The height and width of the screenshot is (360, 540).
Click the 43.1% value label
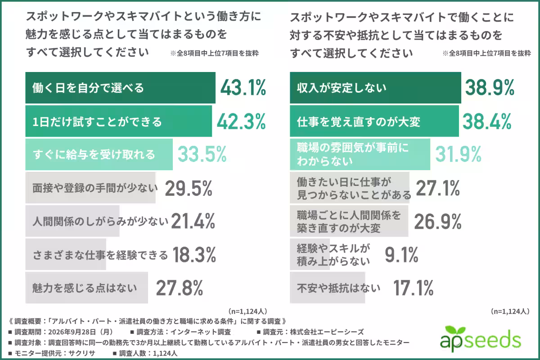click(x=243, y=88)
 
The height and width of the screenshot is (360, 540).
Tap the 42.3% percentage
click(x=241, y=121)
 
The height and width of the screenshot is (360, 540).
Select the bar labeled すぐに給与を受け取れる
click(x=99, y=154)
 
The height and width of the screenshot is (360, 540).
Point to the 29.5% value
click(x=189, y=188)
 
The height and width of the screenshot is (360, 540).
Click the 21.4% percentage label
click(x=193, y=221)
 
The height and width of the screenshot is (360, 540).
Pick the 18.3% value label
click(x=194, y=255)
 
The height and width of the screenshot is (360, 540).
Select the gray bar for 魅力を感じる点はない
click(x=86, y=288)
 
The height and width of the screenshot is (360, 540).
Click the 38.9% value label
click(x=490, y=88)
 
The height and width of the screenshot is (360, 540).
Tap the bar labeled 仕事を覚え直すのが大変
click(x=374, y=121)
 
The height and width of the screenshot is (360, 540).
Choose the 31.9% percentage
click(x=458, y=154)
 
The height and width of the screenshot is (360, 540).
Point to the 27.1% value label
click(x=438, y=188)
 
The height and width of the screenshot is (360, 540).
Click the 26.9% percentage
click(x=438, y=221)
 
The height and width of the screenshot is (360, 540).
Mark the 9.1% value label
click(x=401, y=255)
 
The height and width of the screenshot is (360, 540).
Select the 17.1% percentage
click(x=414, y=288)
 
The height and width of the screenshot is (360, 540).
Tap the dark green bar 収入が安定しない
click(x=375, y=88)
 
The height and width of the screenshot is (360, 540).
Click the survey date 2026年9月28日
click(x=72, y=332)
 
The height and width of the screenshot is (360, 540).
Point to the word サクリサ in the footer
click(x=82, y=353)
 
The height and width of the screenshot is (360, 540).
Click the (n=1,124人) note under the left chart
click(x=247, y=311)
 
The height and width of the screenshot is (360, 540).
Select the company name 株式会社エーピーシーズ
click(x=327, y=332)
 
